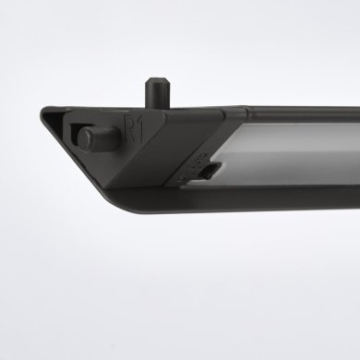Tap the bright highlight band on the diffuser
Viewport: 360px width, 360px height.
295,148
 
